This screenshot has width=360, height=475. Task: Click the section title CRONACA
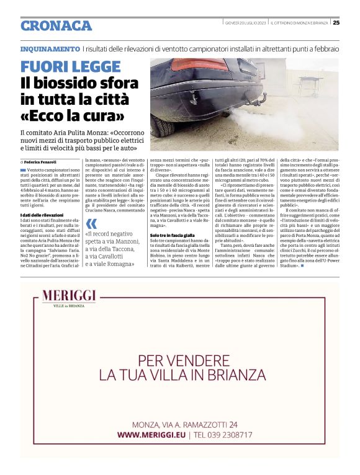56,25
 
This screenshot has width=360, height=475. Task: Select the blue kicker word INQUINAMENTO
50,48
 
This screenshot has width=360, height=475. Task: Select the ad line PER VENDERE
179,359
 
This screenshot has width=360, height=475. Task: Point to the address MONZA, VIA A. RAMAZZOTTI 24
184,424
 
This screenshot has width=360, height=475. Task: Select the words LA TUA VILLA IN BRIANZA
179,375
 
